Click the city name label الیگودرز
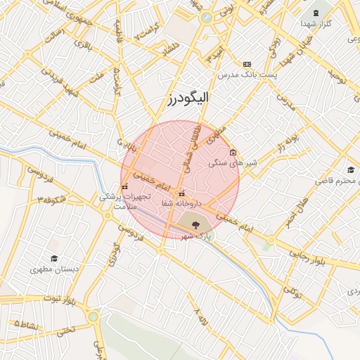pos(188,98)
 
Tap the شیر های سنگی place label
pos(233,162)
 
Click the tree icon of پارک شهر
pos(195,225)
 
